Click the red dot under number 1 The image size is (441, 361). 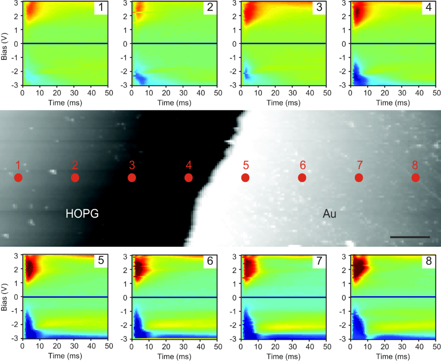18,177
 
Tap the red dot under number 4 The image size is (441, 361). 189,177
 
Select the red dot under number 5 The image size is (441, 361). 245,177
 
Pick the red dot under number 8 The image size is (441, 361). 416,177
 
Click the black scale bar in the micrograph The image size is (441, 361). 410,237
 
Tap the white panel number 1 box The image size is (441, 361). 101,8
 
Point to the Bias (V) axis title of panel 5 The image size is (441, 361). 5,297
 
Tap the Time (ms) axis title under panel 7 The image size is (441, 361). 284,356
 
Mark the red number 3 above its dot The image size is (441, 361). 132,165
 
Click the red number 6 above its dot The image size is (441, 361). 302,165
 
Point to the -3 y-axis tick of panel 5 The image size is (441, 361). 16,339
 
